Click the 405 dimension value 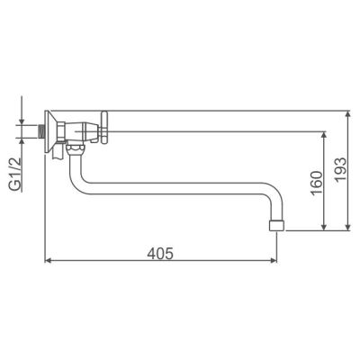pyautogui.click(x=160, y=254)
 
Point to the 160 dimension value pyautogui.click(x=317, y=183)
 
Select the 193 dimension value pyautogui.click(x=340, y=169)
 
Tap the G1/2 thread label pyautogui.click(x=16, y=174)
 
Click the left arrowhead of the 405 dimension pyautogui.click(x=47, y=260)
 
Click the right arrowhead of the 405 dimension pyautogui.click(x=274, y=260)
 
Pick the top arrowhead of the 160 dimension pyautogui.click(x=324, y=134)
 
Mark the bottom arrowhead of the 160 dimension pyautogui.click(x=324, y=228)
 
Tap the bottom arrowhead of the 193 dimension pyautogui.click(x=347, y=228)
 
